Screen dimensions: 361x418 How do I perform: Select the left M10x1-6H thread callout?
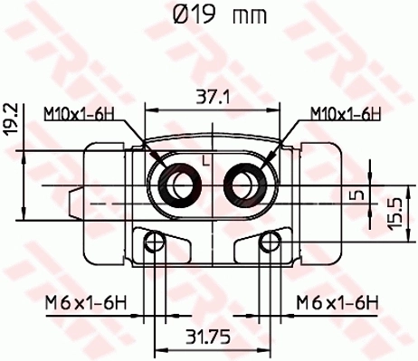82,114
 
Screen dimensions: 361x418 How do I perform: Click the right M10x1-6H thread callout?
343,114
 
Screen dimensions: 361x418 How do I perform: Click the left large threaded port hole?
178,184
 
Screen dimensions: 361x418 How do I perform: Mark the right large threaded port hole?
243,184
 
